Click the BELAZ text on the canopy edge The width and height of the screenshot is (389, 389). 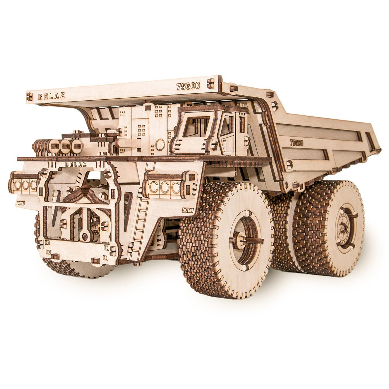(52, 96)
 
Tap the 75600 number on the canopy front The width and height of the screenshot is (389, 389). (188, 86)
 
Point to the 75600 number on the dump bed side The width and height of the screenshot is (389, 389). (296, 143)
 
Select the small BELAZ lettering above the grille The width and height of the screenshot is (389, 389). (76, 164)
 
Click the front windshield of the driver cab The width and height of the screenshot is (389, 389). (196, 126)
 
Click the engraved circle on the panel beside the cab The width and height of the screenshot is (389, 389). (160, 145)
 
